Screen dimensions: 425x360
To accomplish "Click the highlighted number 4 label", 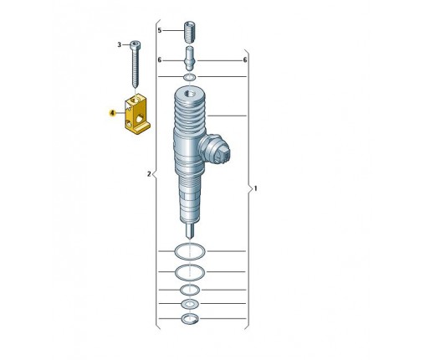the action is click(x=112, y=113).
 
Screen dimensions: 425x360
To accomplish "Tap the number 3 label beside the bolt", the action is click(x=119, y=45).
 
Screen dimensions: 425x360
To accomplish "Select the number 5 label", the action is click(x=160, y=30).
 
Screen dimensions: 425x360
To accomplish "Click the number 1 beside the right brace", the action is click(x=255, y=188).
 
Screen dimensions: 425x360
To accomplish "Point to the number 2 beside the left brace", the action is click(x=149, y=174).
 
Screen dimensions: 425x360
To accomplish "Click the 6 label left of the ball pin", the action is click(x=160, y=60).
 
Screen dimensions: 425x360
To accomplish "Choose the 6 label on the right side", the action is click(x=245, y=60).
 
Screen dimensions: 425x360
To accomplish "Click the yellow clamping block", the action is click(x=136, y=114).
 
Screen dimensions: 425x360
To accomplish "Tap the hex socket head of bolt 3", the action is click(x=135, y=44).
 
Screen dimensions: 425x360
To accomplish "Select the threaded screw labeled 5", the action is click(x=189, y=32).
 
